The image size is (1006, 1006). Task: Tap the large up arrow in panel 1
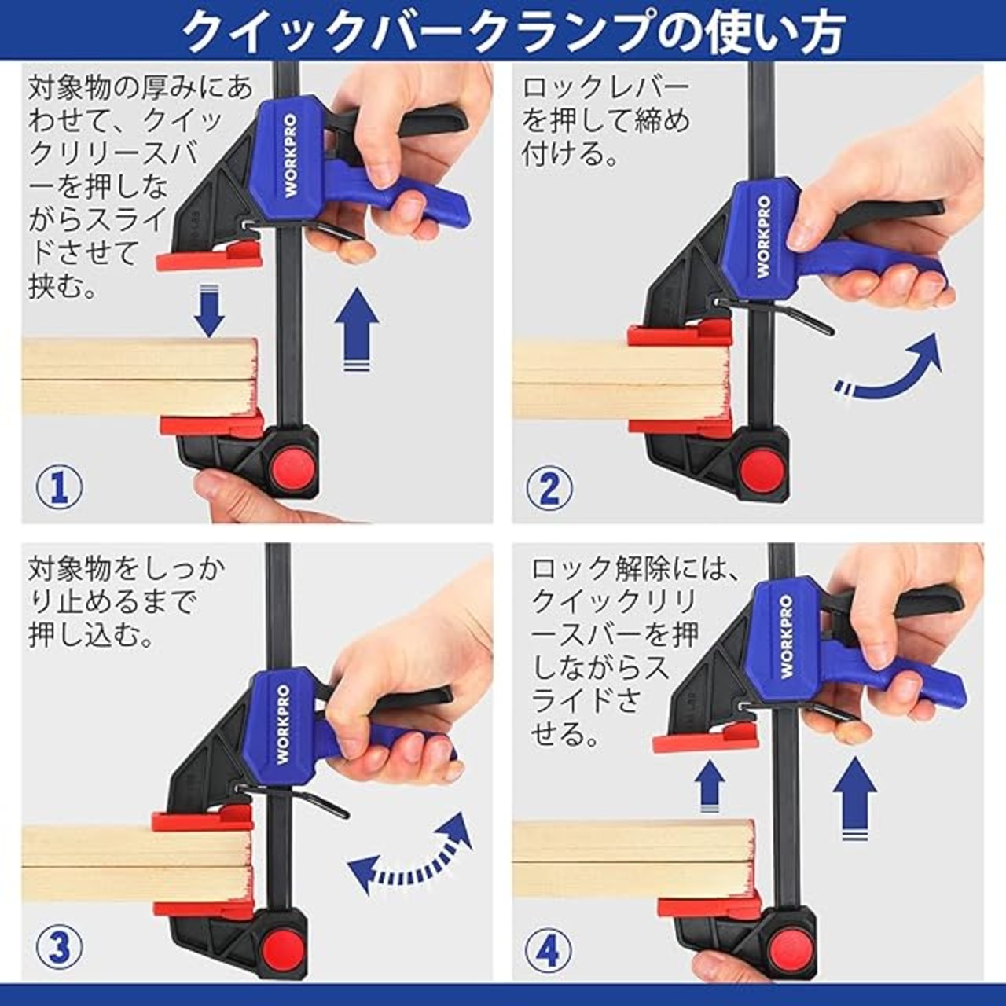click(357, 329)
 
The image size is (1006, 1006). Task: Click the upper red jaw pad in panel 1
click(209, 255)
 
